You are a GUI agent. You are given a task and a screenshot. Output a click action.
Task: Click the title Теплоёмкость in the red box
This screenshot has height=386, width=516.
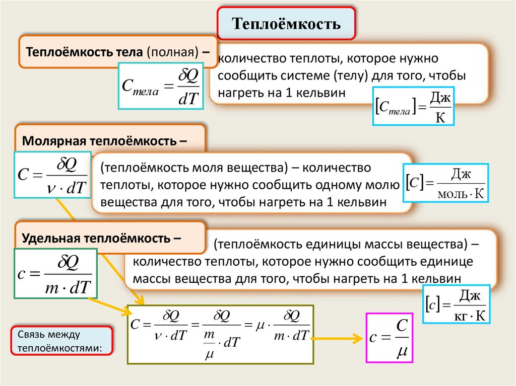pos(286,23)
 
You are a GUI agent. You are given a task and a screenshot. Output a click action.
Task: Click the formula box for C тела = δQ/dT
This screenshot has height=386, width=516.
pos(160,86)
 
